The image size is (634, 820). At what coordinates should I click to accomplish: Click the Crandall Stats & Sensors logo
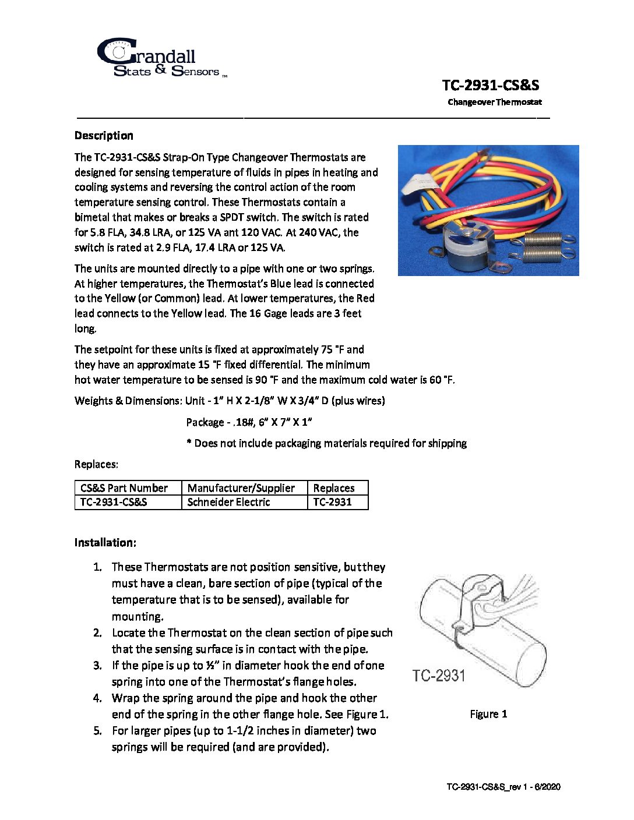click(x=157, y=59)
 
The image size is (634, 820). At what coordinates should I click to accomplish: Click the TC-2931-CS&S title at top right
click(x=490, y=85)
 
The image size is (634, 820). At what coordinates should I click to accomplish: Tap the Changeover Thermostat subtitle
click(x=495, y=102)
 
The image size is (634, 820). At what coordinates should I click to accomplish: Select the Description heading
click(x=104, y=136)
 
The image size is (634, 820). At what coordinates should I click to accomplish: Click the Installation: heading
click(x=105, y=542)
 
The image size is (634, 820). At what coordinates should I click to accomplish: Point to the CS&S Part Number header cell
click(x=124, y=488)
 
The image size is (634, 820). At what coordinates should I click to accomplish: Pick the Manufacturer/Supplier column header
click(x=241, y=488)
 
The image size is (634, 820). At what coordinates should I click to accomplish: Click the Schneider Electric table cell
click(x=229, y=502)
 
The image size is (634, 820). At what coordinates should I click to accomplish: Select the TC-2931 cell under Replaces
click(x=332, y=502)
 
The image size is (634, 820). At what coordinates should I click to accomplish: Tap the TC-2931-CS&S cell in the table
click(x=114, y=502)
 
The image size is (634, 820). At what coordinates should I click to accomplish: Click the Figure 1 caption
click(x=488, y=714)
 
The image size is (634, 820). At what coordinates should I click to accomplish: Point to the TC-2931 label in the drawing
click(x=439, y=676)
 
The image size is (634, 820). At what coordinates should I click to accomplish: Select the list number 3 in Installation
click(x=97, y=665)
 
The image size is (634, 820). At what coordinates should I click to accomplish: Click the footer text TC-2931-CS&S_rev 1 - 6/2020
click(x=503, y=787)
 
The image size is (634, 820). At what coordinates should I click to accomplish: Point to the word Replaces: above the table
click(x=96, y=464)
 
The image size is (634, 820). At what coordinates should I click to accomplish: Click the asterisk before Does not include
click(x=189, y=443)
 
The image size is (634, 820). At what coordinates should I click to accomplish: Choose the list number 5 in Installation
click(x=97, y=730)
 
